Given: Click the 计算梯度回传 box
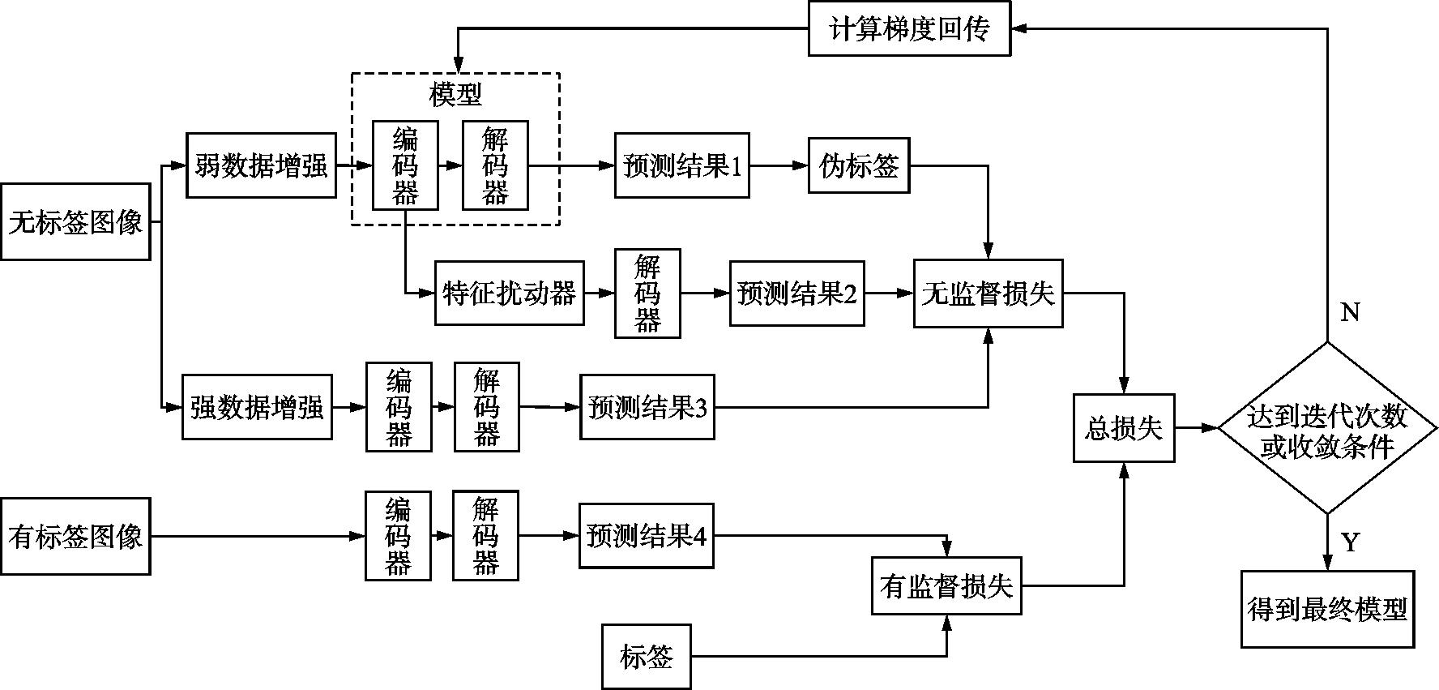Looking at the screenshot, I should [909, 29].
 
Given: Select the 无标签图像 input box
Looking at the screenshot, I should [75, 221].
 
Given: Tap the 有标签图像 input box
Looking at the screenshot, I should [75, 536].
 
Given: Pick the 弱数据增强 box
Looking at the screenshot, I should [261, 165].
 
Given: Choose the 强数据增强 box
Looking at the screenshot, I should [257, 406].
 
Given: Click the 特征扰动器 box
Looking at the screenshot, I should [509, 293].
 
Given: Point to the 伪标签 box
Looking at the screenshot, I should [859, 165].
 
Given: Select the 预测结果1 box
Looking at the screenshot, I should [681, 165].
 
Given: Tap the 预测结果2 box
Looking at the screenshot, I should [796, 293].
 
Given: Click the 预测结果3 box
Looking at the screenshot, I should [647, 406].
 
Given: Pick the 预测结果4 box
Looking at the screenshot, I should [646, 535].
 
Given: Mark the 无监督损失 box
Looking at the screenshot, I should [988, 293].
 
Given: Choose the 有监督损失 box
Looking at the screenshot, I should [946, 585].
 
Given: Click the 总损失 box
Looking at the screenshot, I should [1124, 427].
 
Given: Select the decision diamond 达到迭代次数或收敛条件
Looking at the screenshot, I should [1326, 428].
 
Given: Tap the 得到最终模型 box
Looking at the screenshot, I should [1327, 609].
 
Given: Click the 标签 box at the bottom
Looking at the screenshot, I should [646, 656].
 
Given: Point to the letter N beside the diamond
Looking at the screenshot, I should [1350, 312].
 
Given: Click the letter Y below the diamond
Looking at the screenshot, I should [1350, 542].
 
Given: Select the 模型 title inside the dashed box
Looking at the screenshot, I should [455, 95].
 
